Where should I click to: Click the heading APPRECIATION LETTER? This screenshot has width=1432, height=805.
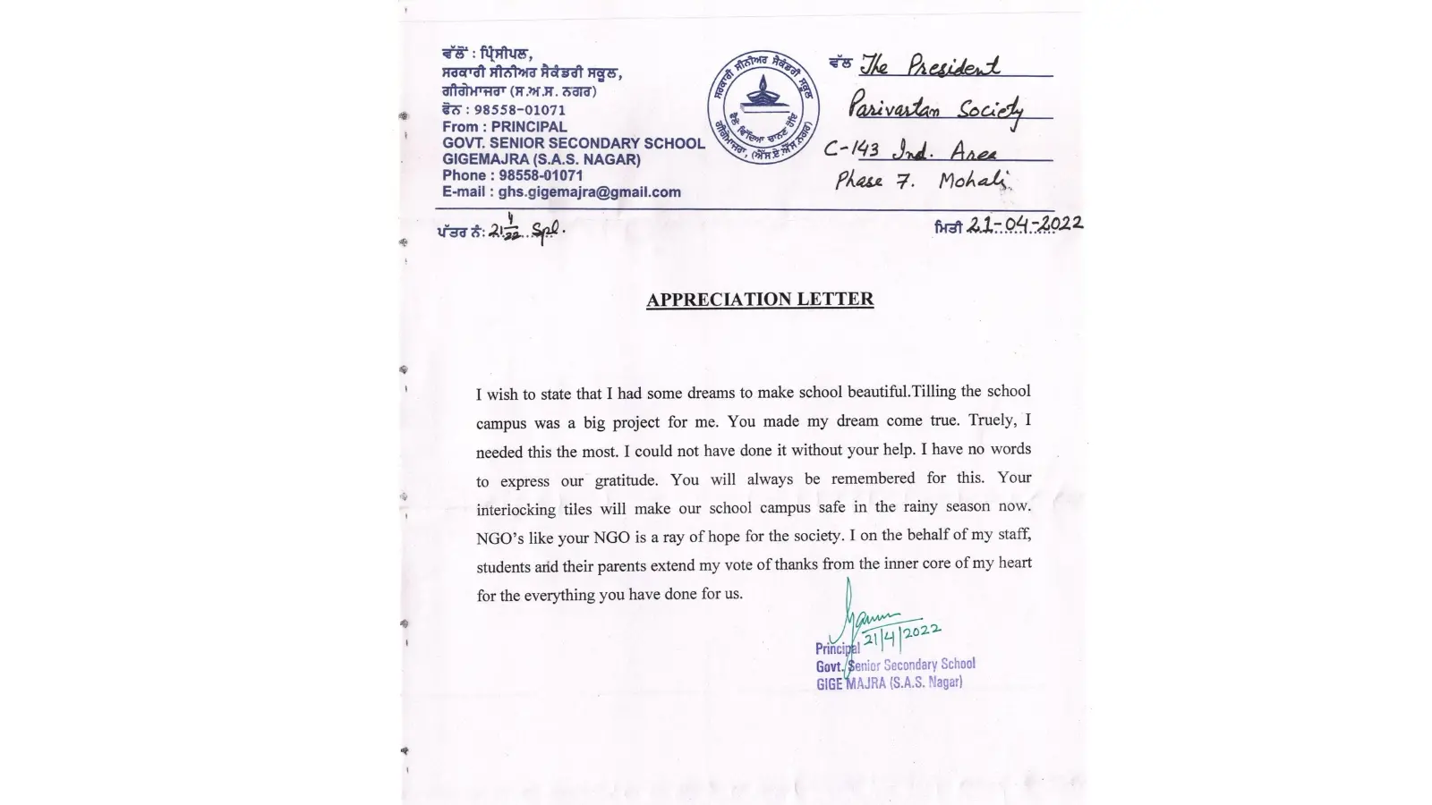tap(760, 300)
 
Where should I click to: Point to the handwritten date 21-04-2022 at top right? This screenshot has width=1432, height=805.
tap(1025, 224)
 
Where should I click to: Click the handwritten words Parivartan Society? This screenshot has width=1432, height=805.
tap(935, 109)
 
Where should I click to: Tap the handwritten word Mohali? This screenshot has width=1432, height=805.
tap(974, 182)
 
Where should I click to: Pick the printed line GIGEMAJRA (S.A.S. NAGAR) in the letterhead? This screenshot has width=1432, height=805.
tap(541, 159)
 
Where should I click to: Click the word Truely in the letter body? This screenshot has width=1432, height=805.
tap(991, 420)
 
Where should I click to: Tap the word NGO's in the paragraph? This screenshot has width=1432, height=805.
tap(501, 538)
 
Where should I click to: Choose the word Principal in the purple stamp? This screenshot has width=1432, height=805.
tap(837, 648)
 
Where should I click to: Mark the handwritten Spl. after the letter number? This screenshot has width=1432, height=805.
tap(548, 231)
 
